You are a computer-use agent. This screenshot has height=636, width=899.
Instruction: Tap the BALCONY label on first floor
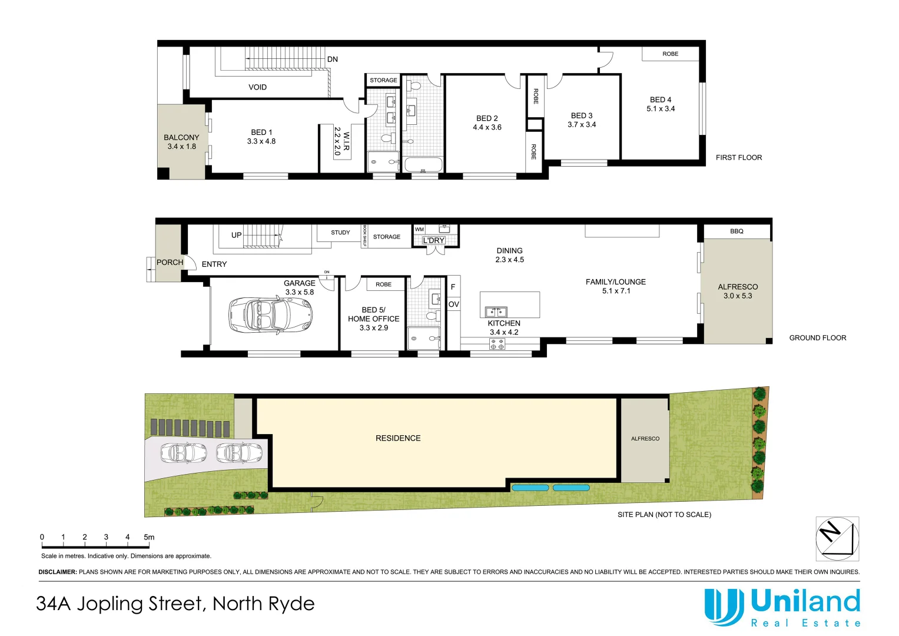181,138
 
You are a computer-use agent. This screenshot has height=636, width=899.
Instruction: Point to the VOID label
257,87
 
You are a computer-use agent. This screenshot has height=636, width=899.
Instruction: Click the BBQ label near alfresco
737,231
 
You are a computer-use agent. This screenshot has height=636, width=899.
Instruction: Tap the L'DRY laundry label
434,240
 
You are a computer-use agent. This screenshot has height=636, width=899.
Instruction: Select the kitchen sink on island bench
495,312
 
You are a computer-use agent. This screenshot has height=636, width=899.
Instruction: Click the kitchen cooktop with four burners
497,344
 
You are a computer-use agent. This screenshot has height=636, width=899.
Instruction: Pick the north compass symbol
837,539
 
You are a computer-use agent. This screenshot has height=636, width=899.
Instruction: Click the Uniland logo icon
724,607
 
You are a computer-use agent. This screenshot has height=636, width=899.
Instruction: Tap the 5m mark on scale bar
149,537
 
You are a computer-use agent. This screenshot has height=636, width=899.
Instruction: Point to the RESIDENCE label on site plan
398,438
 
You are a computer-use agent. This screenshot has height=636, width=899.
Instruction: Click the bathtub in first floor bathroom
423,164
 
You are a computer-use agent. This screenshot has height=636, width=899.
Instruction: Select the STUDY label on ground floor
340,233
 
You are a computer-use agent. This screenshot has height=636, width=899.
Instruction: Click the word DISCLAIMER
57,572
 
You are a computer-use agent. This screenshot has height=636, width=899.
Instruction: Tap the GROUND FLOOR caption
817,338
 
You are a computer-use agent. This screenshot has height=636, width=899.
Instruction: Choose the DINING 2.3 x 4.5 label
509,255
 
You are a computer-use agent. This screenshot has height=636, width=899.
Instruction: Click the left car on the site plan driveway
184,453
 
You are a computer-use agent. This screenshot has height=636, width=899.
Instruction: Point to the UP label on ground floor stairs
236,235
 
